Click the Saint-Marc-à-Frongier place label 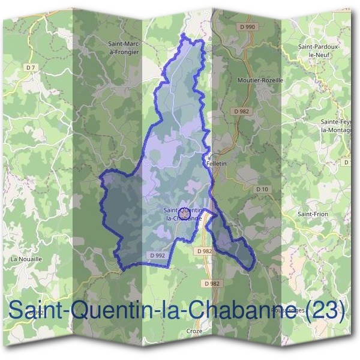point(124,47)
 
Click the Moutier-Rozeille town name point(260,79)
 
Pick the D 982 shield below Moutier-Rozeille point(242,111)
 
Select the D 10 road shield point(262,189)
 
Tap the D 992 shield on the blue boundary point(157,255)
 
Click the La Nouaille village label point(26,259)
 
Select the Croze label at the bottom point(194,331)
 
